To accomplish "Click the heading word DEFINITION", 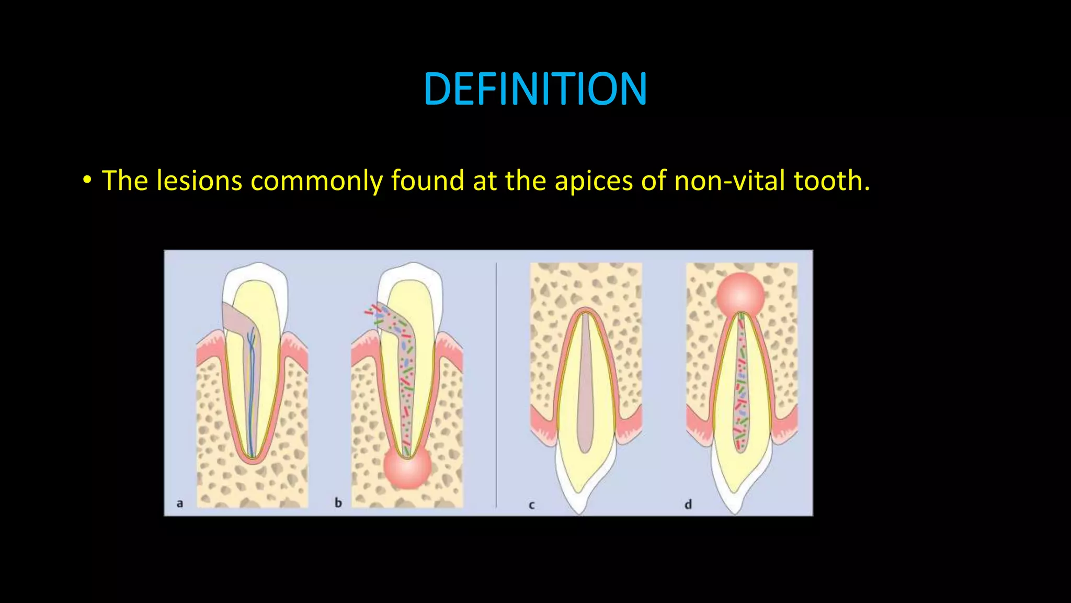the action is click(535, 89).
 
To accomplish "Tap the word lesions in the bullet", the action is click(199, 181).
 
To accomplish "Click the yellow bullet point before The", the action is click(87, 181).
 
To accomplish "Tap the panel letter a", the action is click(180, 504).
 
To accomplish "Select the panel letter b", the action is click(338, 503).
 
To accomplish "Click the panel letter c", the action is click(532, 505).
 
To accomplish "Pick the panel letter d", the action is click(688, 505).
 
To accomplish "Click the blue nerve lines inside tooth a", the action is click(252, 377).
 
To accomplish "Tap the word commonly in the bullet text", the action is click(316, 181).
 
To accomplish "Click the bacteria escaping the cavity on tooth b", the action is click(373, 311).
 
